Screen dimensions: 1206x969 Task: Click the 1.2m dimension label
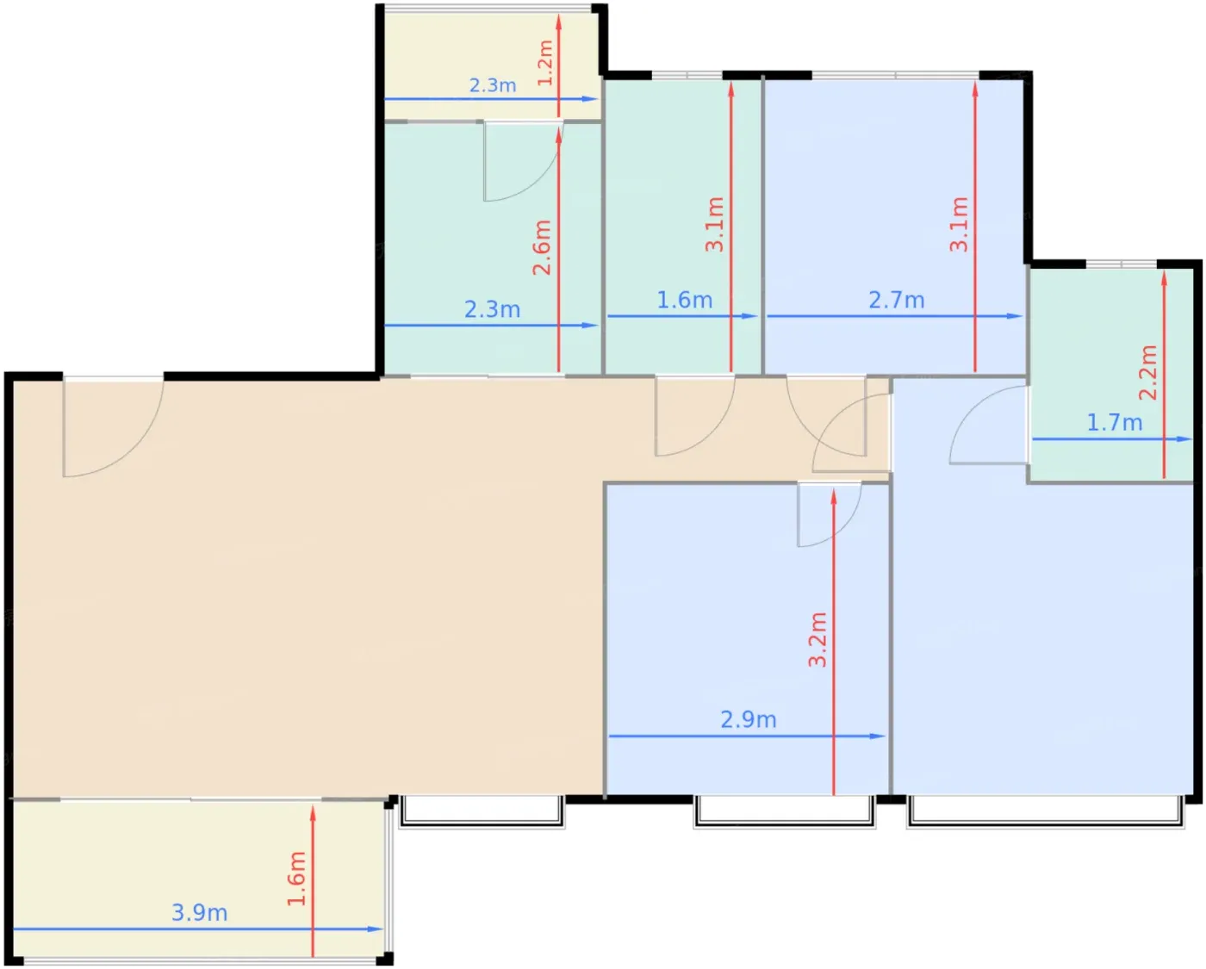[545, 62]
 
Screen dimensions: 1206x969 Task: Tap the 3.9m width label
[200, 913]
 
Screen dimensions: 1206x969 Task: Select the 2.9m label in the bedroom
[748, 719]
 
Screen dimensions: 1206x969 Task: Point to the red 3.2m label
[817, 639]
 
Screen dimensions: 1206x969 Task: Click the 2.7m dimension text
[896, 301]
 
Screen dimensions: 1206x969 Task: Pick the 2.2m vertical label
[1148, 372]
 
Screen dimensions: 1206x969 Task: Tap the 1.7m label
[1115, 423]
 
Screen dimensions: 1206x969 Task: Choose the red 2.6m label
[542, 247]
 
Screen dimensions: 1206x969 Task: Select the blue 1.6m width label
[684, 301]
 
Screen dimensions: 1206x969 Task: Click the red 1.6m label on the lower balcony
[296, 879]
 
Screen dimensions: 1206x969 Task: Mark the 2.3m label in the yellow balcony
[493, 85]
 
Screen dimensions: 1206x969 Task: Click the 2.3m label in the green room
[492, 309]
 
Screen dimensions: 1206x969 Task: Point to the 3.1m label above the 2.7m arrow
[959, 224]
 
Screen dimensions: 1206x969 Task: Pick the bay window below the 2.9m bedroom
[785, 811]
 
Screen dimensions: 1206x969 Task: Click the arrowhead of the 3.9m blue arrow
[375, 929]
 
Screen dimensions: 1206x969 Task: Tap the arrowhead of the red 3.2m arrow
[833, 496]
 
